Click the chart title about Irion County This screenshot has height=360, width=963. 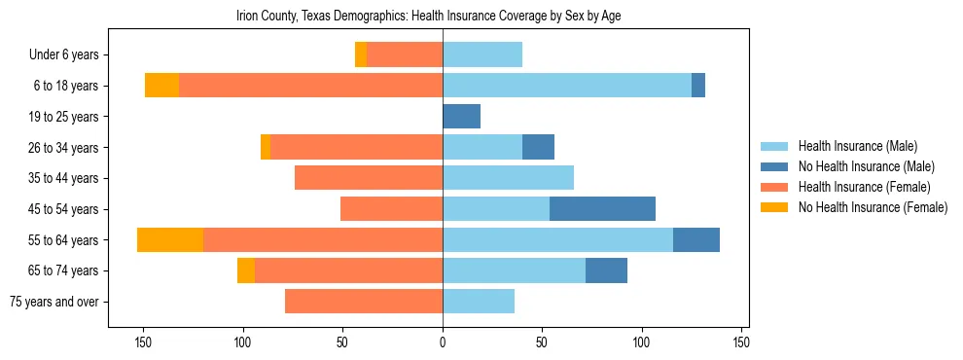click(429, 16)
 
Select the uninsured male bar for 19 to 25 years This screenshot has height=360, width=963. click(461, 117)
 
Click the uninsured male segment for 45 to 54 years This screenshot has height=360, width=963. click(602, 209)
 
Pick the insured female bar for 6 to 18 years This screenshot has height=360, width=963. click(310, 86)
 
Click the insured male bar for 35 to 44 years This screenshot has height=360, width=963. click(508, 178)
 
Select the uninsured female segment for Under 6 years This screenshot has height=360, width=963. click(361, 55)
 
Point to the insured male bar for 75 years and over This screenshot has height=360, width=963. click(479, 302)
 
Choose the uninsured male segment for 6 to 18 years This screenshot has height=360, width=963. click(698, 86)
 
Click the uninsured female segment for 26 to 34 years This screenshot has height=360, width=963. click(266, 148)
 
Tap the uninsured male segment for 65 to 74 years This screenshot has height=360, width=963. click(606, 270)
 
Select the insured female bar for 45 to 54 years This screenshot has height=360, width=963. click(391, 209)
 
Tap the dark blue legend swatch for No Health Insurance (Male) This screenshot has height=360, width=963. click(774, 166)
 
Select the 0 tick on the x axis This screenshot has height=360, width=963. click(443, 342)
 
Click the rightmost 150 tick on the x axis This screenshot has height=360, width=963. click(741, 342)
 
